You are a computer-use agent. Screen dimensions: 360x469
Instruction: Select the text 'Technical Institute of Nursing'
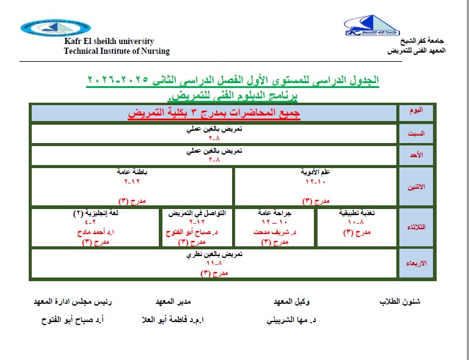pos(117,51)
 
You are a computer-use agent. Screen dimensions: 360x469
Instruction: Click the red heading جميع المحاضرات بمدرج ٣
pos(214,113)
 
